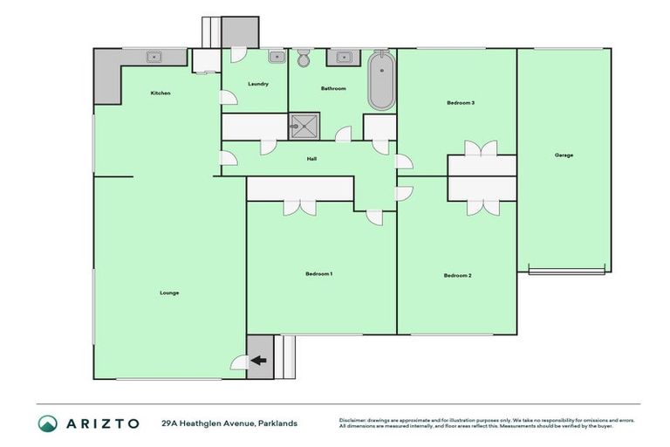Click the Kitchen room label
[x=161, y=93]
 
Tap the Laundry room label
[x=257, y=85]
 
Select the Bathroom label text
[x=333, y=88]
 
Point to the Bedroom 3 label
[x=461, y=103]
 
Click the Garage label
[x=564, y=155]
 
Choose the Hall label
[x=311, y=159]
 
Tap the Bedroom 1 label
[x=318, y=274]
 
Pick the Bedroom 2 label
[x=457, y=276]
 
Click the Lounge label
[x=169, y=292]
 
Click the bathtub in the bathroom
[x=380, y=81]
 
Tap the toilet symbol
[x=303, y=59]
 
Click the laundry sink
[x=276, y=58]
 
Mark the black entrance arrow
[x=259, y=360]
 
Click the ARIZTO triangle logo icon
[x=47, y=423]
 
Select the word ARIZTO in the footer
[x=101, y=423]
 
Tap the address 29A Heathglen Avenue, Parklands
[x=229, y=423]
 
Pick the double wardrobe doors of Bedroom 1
[x=300, y=206]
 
